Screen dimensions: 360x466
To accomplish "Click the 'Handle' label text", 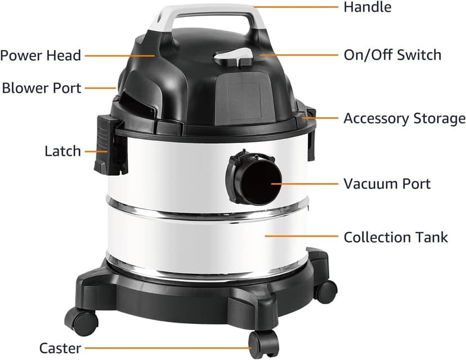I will tap(367, 7).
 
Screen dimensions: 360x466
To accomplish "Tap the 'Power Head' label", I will tap(41, 55).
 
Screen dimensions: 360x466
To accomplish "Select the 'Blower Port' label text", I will tap(42, 88).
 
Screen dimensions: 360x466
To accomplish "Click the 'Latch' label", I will tap(62, 152).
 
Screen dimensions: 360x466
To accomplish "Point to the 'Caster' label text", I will tap(60, 348).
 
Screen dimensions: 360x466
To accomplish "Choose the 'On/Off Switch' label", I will tap(392, 55).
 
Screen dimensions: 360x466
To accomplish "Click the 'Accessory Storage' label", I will tap(404, 119).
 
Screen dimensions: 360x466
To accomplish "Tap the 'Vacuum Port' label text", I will tap(387, 184).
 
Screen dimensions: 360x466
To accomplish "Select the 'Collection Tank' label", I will tap(396, 237).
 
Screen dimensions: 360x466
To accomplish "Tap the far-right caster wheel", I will tap(325, 290).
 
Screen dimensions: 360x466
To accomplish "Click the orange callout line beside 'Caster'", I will tap(169, 348).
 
